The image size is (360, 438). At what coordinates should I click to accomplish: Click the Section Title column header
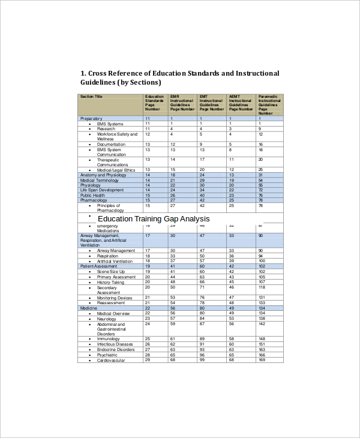(x=91, y=96)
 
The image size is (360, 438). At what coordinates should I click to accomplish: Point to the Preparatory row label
(x=91, y=119)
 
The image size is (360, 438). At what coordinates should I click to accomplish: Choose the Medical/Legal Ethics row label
(x=116, y=170)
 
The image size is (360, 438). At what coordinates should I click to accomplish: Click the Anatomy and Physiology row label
(x=103, y=175)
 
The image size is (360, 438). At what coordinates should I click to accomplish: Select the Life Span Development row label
(x=102, y=190)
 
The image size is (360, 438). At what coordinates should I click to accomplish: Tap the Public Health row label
(x=92, y=195)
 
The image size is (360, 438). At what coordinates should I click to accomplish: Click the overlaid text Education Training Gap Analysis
(x=154, y=219)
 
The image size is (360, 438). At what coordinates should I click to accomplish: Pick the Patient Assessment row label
(x=99, y=266)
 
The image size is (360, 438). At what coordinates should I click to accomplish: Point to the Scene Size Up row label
(x=111, y=271)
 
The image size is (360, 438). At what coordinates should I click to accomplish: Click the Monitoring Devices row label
(x=115, y=298)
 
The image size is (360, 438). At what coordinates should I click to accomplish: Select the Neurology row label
(x=107, y=319)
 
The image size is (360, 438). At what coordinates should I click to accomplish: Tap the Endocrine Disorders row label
(x=116, y=349)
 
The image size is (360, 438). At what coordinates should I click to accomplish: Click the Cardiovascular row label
(x=111, y=360)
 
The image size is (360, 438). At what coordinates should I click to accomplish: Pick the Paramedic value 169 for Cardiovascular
(x=262, y=360)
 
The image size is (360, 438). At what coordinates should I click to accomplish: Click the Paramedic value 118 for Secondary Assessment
(x=262, y=287)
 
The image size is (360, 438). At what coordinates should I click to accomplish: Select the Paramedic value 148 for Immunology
(x=262, y=339)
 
